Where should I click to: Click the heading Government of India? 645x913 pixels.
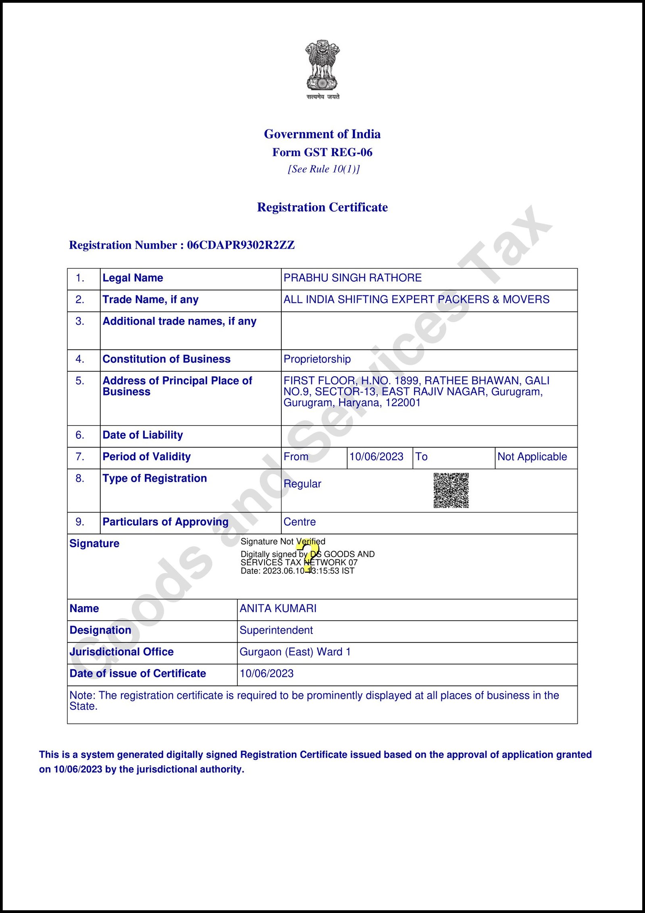(x=322, y=134)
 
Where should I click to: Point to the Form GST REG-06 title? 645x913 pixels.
(x=322, y=152)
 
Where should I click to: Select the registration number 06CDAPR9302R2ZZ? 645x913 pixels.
(x=241, y=245)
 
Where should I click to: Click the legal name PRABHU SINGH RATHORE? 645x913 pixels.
(x=352, y=278)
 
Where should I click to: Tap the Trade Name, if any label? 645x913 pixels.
(x=150, y=300)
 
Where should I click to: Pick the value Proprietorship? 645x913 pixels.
(x=317, y=359)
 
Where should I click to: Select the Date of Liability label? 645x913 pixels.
(x=143, y=435)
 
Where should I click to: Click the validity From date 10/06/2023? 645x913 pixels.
(x=376, y=457)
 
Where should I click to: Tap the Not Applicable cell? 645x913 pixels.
(x=532, y=457)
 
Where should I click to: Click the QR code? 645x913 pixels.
(x=451, y=490)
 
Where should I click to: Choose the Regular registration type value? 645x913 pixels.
(x=302, y=484)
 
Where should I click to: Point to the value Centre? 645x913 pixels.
(x=300, y=522)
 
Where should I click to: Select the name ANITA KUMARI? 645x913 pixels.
(x=278, y=609)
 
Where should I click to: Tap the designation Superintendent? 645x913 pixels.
(x=276, y=630)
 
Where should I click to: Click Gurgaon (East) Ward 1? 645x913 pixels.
(x=295, y=652)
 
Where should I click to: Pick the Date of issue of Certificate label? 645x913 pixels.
(x=137, y=673)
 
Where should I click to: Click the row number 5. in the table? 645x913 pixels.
(x=80, y=381)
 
